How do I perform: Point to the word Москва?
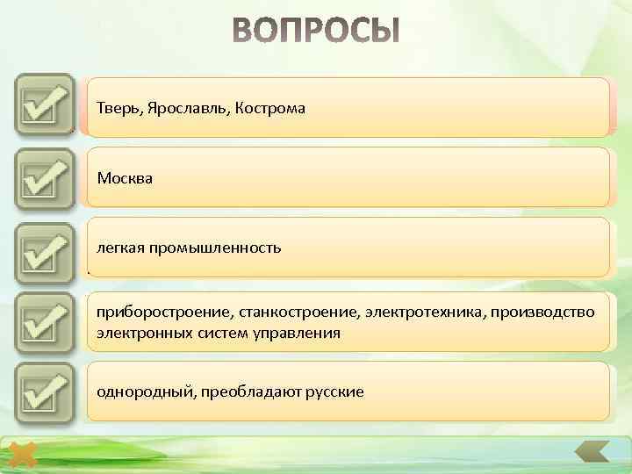click(125, 178)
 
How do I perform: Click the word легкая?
click(120, 248)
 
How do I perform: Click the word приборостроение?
click(158, 313)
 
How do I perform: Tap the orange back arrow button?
click(591, 454)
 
